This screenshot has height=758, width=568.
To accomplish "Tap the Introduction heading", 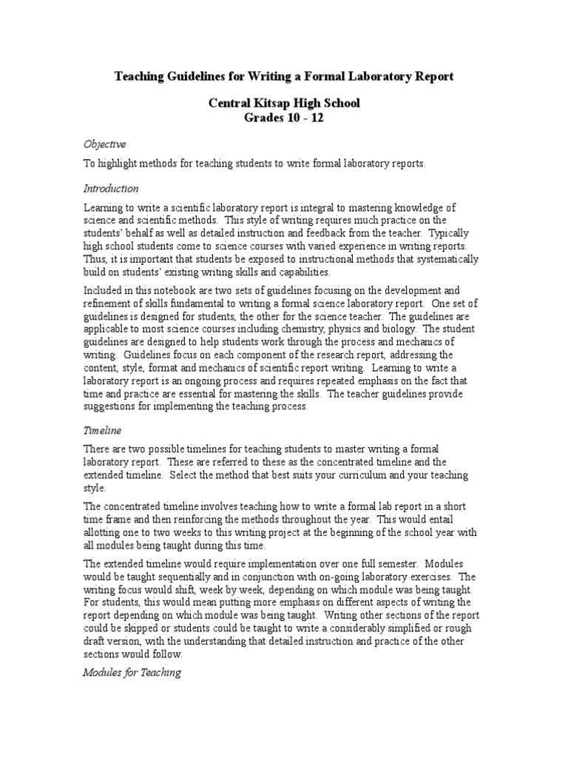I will point(110,188).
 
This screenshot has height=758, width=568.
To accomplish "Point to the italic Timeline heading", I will point(102,429).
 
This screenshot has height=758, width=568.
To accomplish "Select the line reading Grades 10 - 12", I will point(283,118).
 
